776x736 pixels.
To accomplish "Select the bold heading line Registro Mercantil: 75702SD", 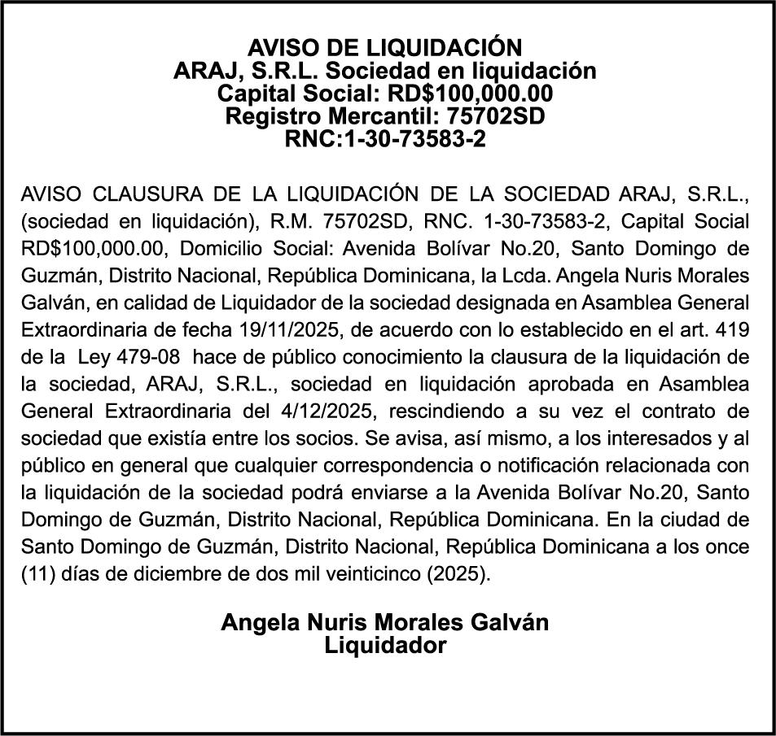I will [384, 115].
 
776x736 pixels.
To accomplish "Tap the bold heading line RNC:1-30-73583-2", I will [384, 139].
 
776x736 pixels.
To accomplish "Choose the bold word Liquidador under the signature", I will [385, 647].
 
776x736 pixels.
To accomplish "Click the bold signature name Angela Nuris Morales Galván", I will [385, 623].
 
